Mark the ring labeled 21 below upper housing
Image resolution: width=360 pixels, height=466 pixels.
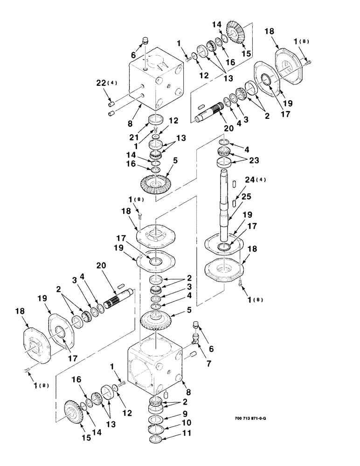155,120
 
